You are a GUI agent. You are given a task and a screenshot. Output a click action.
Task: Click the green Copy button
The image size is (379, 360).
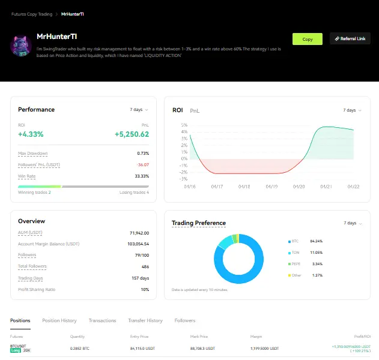click(x=308, y=39)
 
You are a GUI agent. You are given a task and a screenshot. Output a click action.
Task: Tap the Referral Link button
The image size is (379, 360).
click(x=350, y=39)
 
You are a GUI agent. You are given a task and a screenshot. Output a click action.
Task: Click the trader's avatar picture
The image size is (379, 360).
click(x=22, y=46)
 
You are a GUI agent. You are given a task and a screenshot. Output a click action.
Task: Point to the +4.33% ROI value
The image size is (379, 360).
click(x=31, y=134)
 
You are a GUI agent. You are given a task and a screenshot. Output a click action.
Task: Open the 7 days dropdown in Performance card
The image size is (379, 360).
click(x=139, y=110)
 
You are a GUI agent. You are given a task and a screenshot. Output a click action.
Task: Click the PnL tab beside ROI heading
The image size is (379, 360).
click(x=195, y=111)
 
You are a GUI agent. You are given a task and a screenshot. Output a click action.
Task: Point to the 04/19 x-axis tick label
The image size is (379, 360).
click(x=271, y=187)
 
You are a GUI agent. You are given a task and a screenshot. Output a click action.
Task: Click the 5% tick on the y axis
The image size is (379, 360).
click(x=184, y=125)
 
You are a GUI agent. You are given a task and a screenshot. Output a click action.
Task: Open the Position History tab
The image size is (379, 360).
click(x=59, y=320)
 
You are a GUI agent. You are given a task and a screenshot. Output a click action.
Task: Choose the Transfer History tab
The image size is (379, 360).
click(x=145, y=320)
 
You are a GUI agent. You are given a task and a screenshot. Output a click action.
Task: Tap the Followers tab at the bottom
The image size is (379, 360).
click(x=185, y=320)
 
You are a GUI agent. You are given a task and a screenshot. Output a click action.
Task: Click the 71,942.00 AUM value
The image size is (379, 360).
click(x=139, y=233)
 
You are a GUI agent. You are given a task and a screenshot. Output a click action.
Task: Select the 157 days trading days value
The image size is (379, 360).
click(x=140, y=278)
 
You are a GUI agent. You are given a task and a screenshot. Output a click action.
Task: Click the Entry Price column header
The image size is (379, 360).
click(x=139, y=337)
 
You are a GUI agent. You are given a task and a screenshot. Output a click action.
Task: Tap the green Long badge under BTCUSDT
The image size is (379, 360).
click(x=16, y=350)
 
